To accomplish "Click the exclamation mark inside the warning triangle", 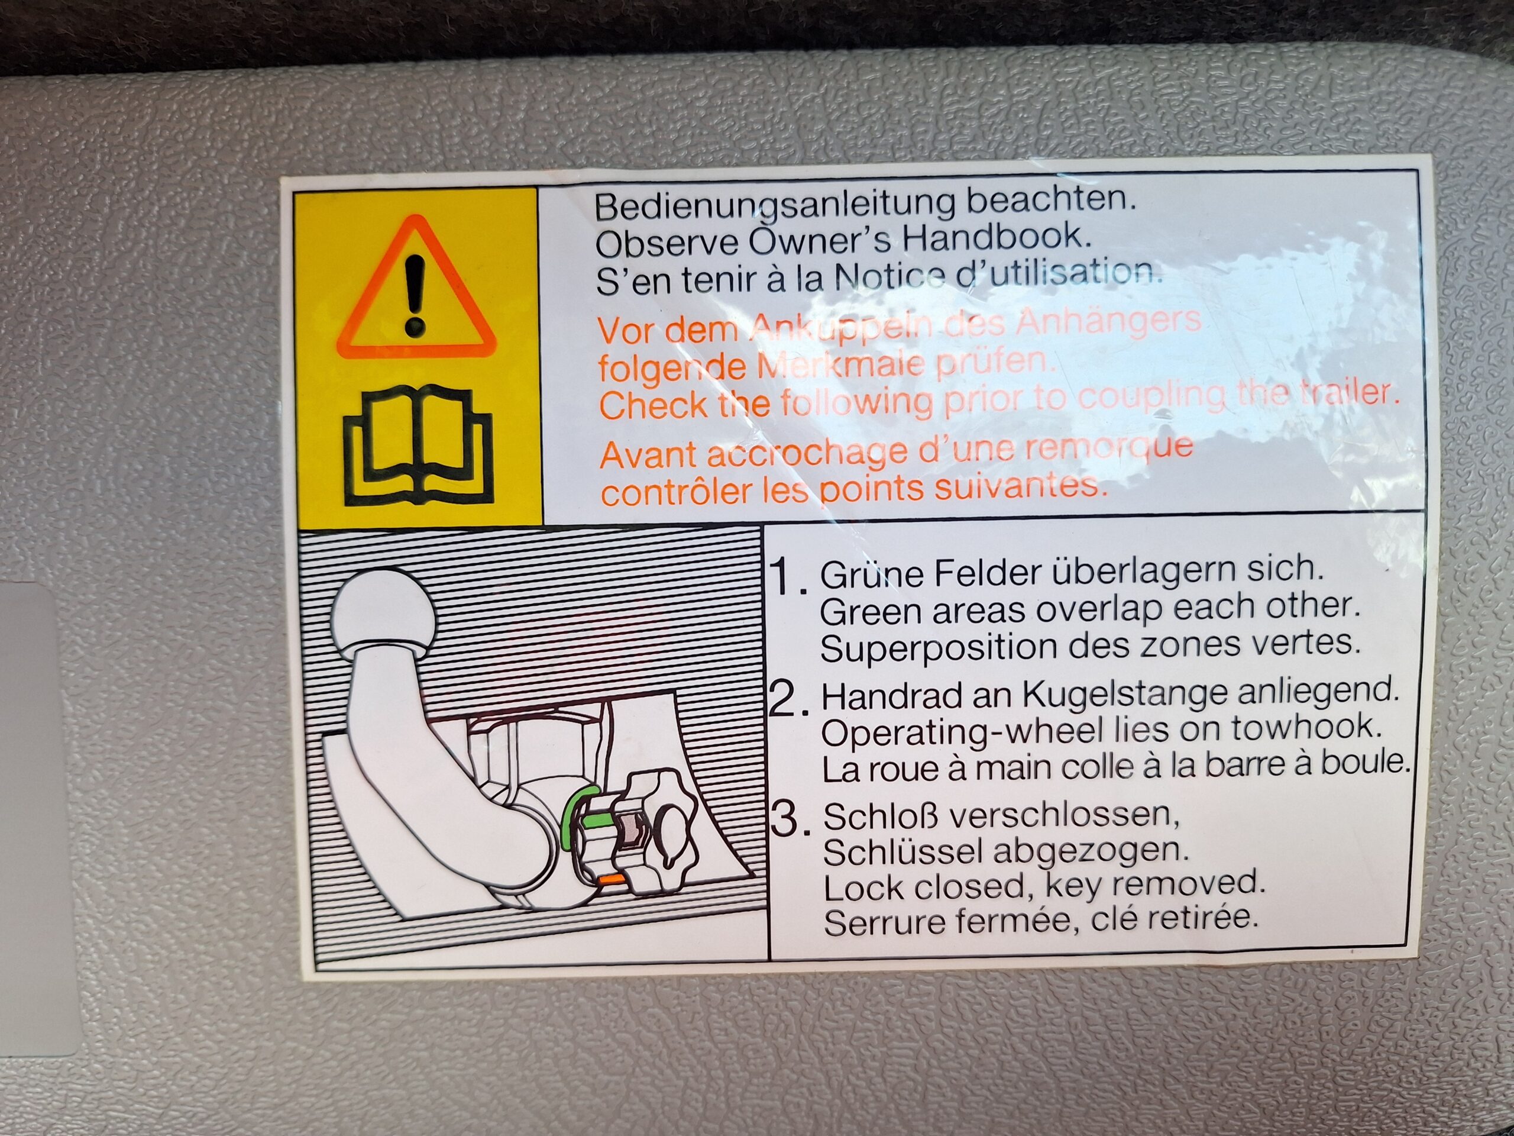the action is click(415, 295).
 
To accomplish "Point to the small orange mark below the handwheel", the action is click(610, 878).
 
